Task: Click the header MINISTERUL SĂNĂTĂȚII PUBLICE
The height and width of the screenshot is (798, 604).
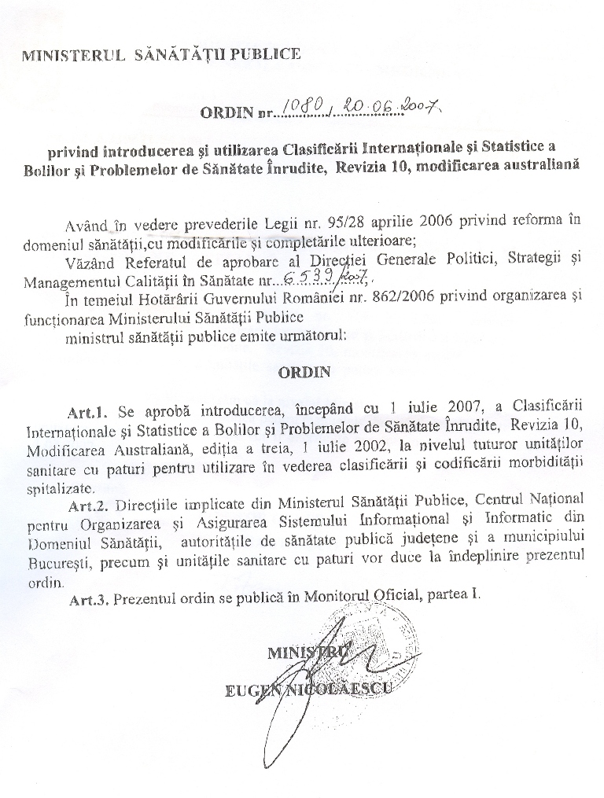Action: pyautogui.click(x=161, y=54)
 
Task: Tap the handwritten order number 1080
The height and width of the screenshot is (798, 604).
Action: pyautogui.click(x=301, y=108)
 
